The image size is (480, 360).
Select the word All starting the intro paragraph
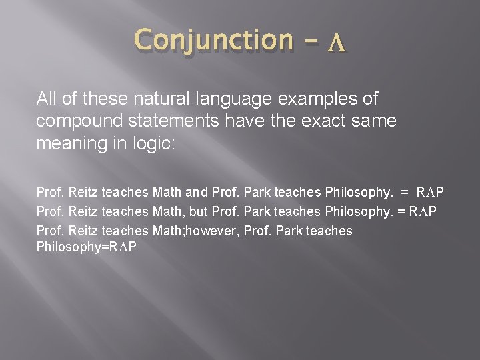(48, 99)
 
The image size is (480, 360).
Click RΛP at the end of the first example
(430, 193)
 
